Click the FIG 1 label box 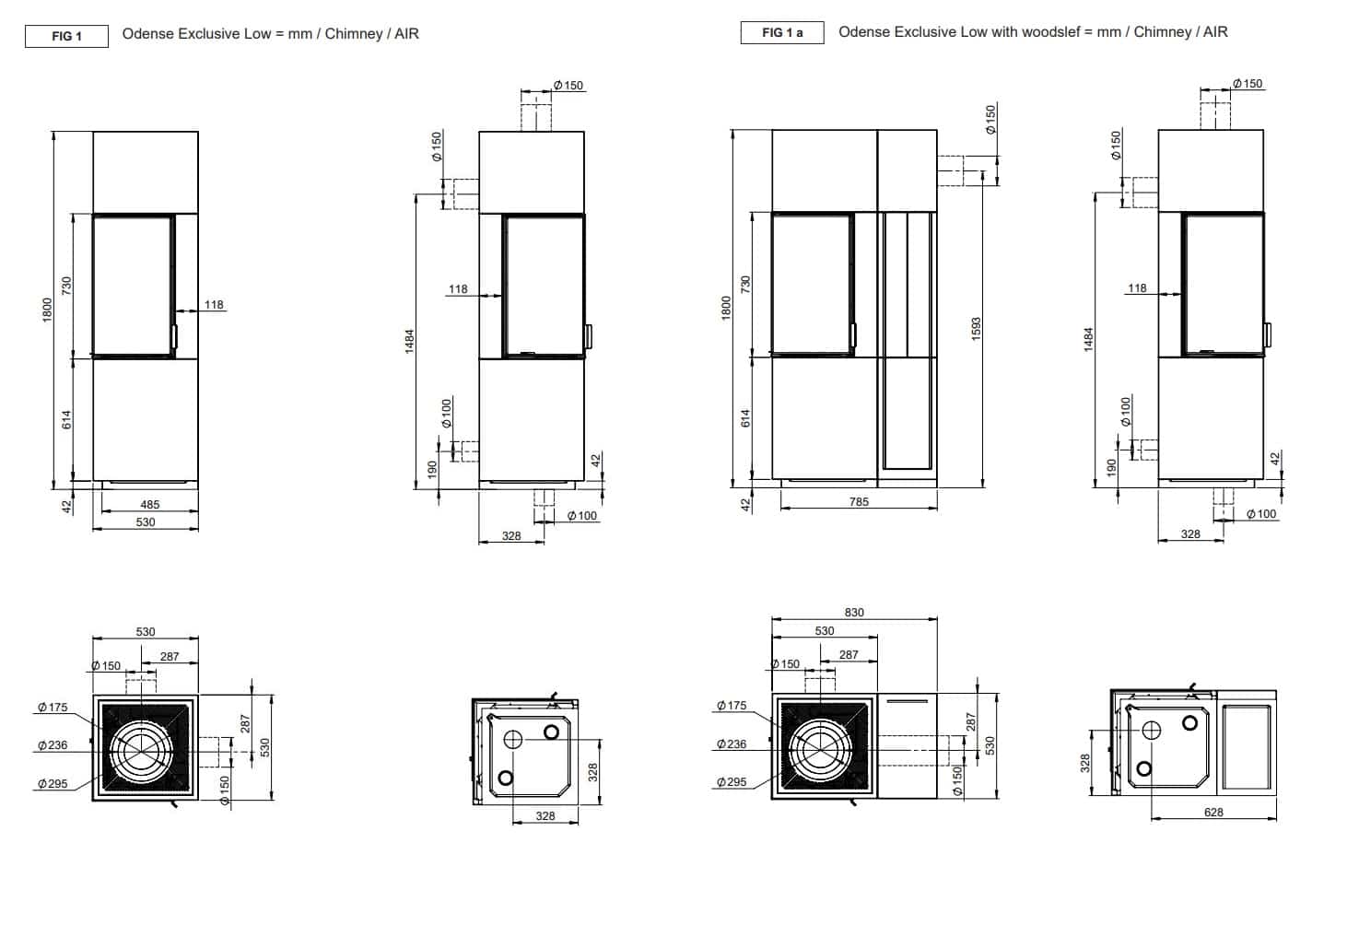(66, 36)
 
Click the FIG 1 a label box (782, 33)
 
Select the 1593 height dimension (977, 329)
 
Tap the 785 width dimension (859, 502)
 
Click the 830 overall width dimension (854, 612)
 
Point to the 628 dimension (1213, 812)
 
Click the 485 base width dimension (149, 504)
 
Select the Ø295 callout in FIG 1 (53, 783)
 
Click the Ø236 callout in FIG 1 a (732, 744)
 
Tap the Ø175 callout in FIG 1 (53, 708)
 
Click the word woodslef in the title (1054, 32)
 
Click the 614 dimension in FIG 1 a (746, 417)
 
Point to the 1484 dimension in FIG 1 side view (410, 341)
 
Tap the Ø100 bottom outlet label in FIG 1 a (1261, 514)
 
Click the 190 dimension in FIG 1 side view (433, 470)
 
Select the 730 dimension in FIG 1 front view (66, 285)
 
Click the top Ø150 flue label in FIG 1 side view (568, 86)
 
